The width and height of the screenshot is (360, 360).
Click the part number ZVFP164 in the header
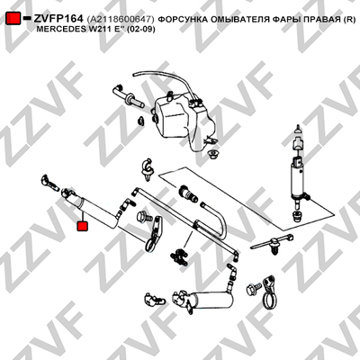point(58,19)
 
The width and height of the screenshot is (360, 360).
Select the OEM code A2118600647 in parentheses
point(121,20)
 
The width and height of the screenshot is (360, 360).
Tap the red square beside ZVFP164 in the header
point(13,18)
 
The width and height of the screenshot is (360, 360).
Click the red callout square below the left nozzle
point(82,226)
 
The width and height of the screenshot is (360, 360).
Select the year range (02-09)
point(140,30)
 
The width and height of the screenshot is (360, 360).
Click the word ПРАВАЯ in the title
point(321,20)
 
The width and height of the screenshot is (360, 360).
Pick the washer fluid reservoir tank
point(183,120)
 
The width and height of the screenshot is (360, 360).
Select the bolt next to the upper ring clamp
point(142,217)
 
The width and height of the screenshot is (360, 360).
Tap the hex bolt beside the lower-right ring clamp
point(252,290)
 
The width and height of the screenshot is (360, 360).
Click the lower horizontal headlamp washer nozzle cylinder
point(204,300)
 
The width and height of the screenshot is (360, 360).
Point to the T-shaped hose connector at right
point(272,244)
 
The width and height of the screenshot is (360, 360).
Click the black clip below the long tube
point(179,256)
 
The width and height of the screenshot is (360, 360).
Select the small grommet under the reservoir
point(212,154)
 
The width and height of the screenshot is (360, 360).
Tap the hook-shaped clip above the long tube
point(147,169)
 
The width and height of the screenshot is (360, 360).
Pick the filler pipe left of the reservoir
point(128,96)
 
